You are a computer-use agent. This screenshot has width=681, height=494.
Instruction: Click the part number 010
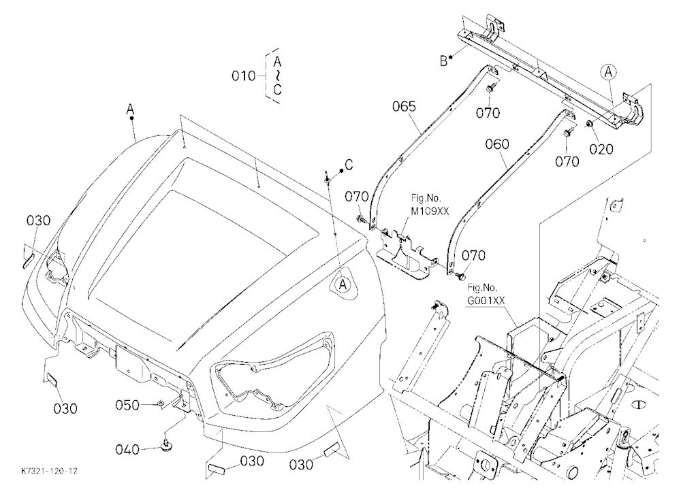tap(243, 76)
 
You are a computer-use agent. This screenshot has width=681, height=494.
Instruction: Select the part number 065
tap(404, 106)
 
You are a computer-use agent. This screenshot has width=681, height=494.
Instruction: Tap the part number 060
tap(497, 144)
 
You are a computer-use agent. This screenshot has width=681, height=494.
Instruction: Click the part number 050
tap(127, 406)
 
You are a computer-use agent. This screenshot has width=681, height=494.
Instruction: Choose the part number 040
tap(127, 449)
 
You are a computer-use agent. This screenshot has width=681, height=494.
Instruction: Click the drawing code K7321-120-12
tap(49, 471)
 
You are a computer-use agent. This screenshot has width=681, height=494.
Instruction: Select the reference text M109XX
tap(430, 211)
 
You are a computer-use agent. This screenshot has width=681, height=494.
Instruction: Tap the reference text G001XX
tap(486, 300)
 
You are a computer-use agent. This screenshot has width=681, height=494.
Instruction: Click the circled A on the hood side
tap(343, 284)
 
